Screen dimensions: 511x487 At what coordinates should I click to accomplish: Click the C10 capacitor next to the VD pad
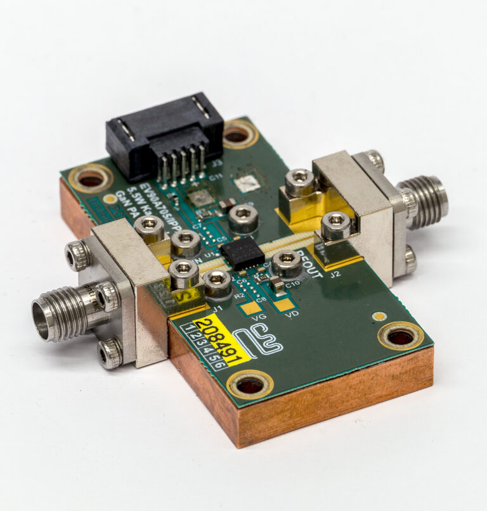tap(278, 286)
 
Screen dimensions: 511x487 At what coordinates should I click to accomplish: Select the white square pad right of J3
tap(247, 184)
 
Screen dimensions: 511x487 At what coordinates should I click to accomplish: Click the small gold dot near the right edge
tap(379, 315)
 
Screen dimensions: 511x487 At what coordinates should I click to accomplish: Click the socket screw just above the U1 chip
tap(243, 217)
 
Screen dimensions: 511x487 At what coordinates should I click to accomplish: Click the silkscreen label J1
tap(216, 308)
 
